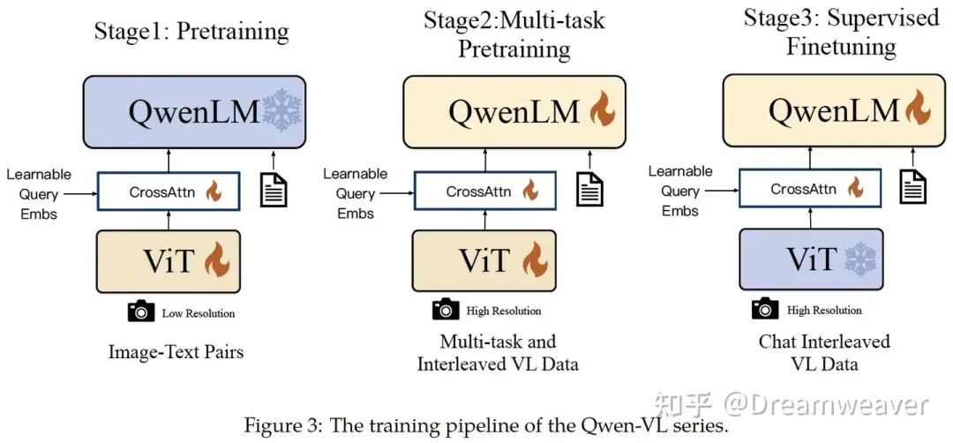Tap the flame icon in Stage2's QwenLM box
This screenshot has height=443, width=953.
[602, 111]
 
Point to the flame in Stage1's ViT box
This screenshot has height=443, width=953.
[217, 260]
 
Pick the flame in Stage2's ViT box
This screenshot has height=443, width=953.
[535, 260]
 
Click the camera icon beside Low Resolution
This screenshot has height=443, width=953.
[140, 312]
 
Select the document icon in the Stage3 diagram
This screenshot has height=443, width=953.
[913, 186]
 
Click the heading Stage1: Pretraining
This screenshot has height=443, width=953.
[191, 32]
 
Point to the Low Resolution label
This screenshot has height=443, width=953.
[199, 313]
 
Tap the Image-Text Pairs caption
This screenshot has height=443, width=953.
[176, 352]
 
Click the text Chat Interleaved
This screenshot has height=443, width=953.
[824, 342]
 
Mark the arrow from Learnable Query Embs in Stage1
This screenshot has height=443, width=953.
[83, 191]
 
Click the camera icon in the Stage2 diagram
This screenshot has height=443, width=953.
[446, 310]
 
